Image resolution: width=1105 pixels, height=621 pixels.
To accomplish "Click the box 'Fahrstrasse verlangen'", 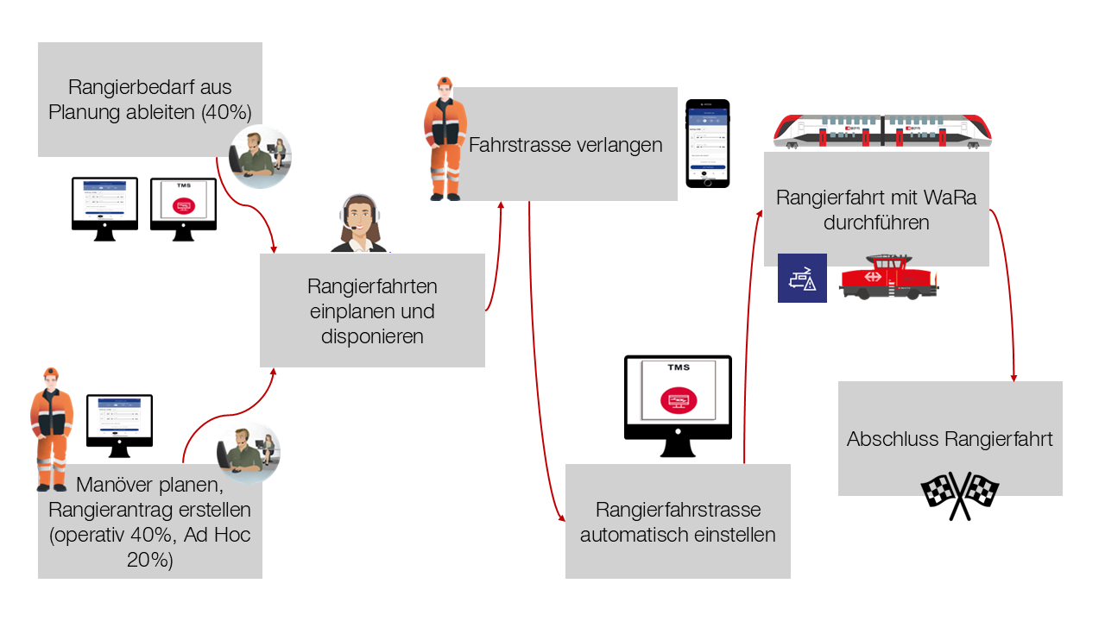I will click(565, 144).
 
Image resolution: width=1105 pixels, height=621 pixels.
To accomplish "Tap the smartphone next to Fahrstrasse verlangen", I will click(707, 143).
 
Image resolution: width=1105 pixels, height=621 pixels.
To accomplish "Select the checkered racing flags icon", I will click(960, 495).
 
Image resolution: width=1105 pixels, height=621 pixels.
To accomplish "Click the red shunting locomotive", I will click(888, 277).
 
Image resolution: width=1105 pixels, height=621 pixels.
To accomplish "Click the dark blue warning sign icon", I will click(802, 278).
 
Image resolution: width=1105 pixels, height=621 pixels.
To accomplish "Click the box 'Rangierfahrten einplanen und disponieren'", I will click(372, 310).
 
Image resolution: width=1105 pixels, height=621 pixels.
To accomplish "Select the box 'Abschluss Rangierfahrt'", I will click(950, 439).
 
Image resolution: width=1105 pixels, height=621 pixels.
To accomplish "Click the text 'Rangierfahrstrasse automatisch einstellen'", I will click(678, 522).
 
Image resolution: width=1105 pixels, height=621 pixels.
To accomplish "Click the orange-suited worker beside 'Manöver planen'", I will click(52, 427).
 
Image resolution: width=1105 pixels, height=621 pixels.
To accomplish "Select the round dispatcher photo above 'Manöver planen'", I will click(248, 452).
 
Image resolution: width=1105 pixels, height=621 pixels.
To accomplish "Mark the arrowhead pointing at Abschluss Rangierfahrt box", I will click(1014, 376).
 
